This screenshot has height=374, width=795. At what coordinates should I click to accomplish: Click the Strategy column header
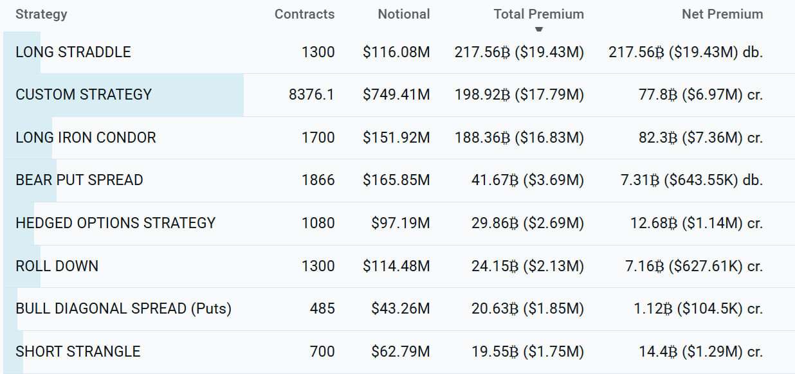click(x=41, y=14)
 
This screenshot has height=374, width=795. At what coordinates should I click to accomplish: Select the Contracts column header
click(x=304, y=14)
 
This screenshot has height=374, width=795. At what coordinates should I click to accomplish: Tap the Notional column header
click(x=403, y=14)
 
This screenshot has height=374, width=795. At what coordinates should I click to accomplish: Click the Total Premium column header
click(x=538, y=14)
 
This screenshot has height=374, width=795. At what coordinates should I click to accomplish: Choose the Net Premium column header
click(x=722, y=14)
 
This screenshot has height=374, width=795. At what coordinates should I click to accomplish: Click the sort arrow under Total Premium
click(x=539, y=28)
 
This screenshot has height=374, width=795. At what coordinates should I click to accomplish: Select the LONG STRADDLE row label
click(x=73, y=52)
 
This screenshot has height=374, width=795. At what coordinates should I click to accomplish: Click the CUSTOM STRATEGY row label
click(x=84, y=94)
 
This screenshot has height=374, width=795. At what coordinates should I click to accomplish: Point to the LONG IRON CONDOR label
click(x=86, y=138)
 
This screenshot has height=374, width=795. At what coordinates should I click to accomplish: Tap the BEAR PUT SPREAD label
click(x=79, y=180)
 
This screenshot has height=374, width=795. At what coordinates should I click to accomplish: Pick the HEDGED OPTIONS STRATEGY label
click(x=116, y=223)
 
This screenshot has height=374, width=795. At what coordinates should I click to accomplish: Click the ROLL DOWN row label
click(x=57, y=266)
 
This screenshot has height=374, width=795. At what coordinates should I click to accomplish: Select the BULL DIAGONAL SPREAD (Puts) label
click(x=123, y=308)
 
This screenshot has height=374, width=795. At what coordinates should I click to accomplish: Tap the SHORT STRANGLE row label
click(x=78, y=352)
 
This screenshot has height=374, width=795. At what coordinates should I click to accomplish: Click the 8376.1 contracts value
click(x=312, y=94)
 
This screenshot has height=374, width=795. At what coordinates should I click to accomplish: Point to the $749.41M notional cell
click(x=396, y=94)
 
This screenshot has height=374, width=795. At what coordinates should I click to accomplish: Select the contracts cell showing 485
click(x=322, y=308)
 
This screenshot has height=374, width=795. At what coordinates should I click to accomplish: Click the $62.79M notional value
click(x=400, y=352)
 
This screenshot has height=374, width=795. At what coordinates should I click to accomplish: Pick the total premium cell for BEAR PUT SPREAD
click(x=527, y=180)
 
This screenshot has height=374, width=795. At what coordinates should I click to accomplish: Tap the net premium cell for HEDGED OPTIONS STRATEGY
click(x=697, y=223)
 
